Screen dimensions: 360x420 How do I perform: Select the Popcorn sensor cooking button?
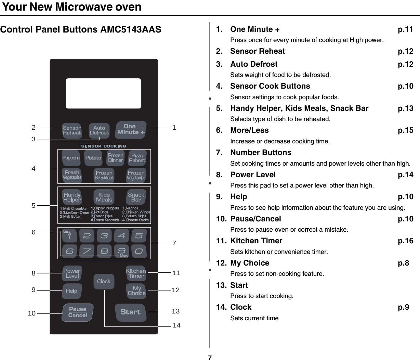click(71, 158)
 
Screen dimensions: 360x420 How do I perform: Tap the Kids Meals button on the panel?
click(104, 197)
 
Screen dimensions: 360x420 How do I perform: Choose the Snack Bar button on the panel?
click(136, 197)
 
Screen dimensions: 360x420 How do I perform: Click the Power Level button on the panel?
click(72, 273)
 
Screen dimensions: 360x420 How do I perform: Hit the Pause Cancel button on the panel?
click(78, 312)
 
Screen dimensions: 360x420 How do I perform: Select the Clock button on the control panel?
click(104, 281)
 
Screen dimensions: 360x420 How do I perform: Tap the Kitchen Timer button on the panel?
click(136, 273)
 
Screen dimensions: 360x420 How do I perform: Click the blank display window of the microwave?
click(103, 93)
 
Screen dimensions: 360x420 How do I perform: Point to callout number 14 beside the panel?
click(176, 325)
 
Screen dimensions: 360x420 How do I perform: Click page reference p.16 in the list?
click(406, 241)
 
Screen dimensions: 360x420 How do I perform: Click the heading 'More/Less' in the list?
click(249, 130)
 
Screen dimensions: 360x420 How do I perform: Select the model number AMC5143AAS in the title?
click(131, 29)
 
